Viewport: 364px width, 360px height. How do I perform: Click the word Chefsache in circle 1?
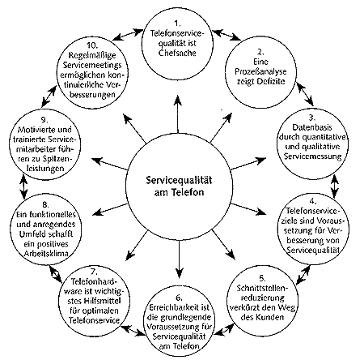coord(177,53)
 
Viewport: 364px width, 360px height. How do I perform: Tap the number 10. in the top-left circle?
coord(92,45)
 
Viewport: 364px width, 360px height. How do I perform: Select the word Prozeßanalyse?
coord(260,71)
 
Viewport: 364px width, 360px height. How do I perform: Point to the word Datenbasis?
coord(312,127)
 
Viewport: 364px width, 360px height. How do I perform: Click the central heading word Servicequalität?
coord(179,180)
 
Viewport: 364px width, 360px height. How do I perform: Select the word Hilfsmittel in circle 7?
coord(102,301)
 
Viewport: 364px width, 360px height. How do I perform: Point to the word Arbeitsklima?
coord(46,254)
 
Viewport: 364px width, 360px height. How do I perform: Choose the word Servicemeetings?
coord(92,65)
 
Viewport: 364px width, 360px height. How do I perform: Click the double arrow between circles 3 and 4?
coord(335,186)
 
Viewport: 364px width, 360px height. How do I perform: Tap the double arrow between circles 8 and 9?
coord(24,186)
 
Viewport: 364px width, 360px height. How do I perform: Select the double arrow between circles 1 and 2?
coord(226,35)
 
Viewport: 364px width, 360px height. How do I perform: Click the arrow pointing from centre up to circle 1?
coord(177,114)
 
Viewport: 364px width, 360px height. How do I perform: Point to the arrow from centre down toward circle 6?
coord(179,259)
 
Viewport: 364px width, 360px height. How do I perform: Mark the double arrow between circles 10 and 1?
coord(128,35)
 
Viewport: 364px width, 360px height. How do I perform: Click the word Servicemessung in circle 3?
coord(313,156)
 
